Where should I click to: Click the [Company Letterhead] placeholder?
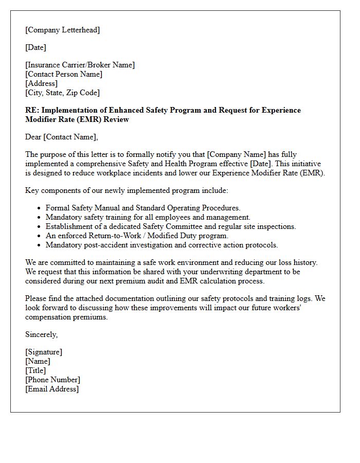[x=62, y=30]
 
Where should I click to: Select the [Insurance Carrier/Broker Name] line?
[x=80, y=65]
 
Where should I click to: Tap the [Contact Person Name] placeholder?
[x=64, y=74]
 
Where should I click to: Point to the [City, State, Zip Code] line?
[x=62, y=93]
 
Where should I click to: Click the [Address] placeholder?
[x=41, y=83]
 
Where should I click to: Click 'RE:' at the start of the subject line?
[x=32, y=110]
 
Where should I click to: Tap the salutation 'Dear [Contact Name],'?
[x=61, y=137]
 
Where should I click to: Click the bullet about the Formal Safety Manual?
[x=142, y=208]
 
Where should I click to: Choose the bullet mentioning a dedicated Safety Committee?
[x=170, y=226]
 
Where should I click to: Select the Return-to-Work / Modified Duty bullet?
[x=137, y=236]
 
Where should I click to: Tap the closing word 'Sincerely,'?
[x=42, y=334]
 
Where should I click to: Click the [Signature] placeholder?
[x=44, y=352]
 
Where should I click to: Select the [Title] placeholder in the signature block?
[x=35, y=370]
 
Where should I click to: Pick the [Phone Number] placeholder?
[x=52, y=380]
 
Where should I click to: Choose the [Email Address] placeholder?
[x=52, y=389]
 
